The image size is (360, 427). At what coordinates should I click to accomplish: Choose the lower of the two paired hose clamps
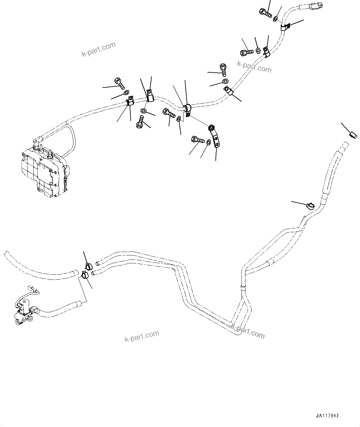point(85,274)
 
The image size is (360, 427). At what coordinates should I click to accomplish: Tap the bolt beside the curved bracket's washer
point(197,140)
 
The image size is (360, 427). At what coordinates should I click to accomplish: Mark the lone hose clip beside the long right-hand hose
point(310,205)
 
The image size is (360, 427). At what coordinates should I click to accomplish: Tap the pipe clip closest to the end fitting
point(285,27)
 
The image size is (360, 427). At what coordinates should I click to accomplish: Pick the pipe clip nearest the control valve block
point(130,101)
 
